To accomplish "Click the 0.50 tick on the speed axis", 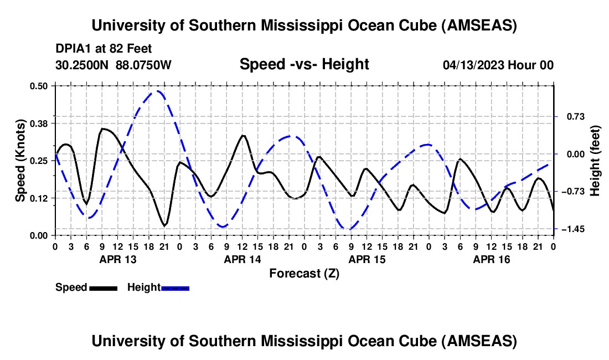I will pos(40,86).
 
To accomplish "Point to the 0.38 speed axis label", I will pos(40,122).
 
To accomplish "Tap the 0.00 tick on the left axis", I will pos(40,235).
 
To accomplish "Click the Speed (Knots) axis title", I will pos(20,160).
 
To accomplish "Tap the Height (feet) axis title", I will pos(595,160).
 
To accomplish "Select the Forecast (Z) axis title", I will pos(304,273).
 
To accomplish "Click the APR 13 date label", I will pos(118,259).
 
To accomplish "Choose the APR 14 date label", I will pos(242,259).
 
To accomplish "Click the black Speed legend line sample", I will pos(103,288).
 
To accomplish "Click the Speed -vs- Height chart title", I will pos(304,64).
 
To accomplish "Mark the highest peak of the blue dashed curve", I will pos(158,91).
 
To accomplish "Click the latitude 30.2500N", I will pos(82,65).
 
